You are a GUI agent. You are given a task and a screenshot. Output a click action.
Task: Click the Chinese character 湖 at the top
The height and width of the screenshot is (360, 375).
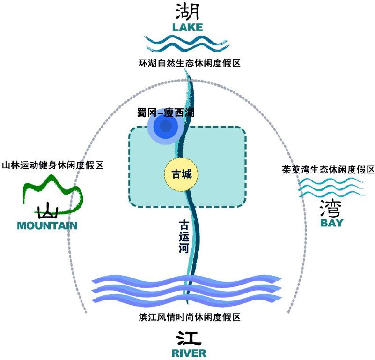pos(188,11)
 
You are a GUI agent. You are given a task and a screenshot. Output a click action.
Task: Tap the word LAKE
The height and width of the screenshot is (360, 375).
pos(187,27)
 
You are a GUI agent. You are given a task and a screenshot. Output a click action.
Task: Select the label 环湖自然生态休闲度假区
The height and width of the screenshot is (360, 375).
pos(189,62)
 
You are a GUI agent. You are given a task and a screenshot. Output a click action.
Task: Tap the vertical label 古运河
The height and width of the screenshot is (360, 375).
pos(184,236)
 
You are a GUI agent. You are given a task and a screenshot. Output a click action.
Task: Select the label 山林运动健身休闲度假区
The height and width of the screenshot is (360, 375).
pos(52,165)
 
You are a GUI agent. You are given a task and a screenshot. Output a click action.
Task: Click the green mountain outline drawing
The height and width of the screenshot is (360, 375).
pos(51,192)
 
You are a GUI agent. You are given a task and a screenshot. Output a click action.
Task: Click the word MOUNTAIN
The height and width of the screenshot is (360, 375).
pos(47,226)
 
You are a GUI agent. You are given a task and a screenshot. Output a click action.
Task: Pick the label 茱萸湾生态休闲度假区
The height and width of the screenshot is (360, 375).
pos(328,170)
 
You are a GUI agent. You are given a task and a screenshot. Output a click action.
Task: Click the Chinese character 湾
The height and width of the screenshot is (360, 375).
pos(331,206)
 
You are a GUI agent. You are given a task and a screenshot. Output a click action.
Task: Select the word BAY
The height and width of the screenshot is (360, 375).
pos(331,223)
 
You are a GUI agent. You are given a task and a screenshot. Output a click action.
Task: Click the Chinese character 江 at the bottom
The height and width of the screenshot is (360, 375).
pos(188,337)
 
